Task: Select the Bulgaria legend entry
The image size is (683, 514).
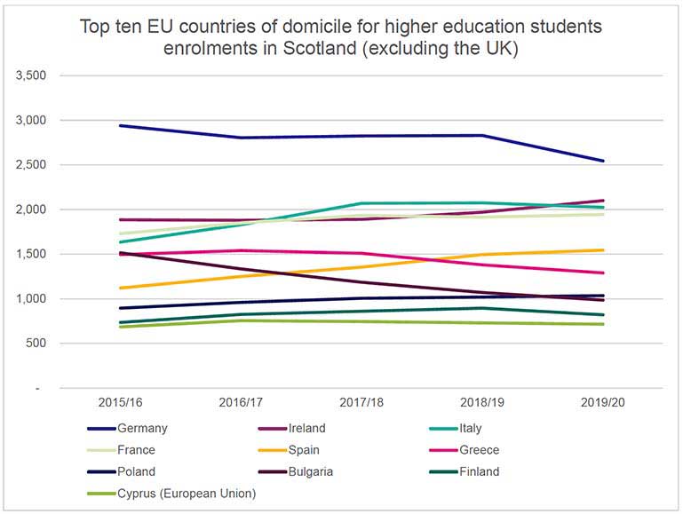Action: coord(338,472)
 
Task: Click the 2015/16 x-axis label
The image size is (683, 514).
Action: coord(121,403)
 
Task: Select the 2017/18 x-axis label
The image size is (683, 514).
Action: coord(362,403)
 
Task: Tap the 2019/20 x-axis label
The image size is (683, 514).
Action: coord(604,403)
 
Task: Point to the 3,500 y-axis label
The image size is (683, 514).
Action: coord(31,75)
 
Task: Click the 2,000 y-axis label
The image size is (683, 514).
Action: coord(31,210)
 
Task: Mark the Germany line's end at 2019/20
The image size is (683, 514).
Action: coord(604,161)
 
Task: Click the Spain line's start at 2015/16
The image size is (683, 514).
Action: coord(121,288)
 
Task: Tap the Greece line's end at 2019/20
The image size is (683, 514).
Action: coord(604,273)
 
